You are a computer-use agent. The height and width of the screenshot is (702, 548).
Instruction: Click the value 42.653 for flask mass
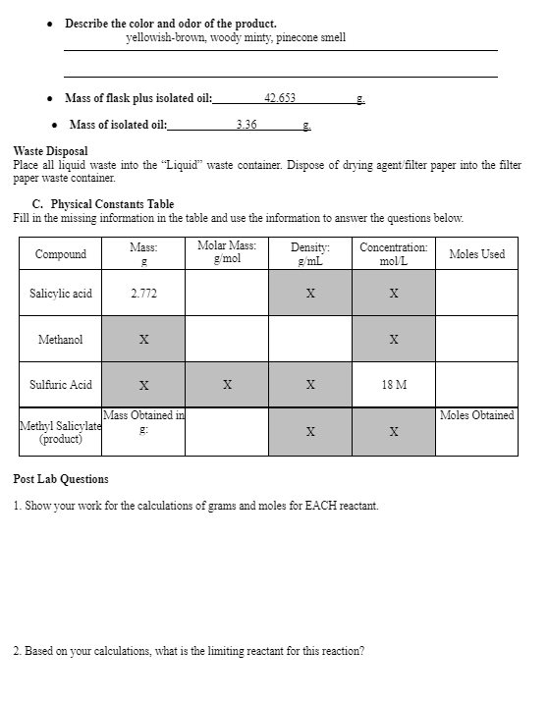point(280,98)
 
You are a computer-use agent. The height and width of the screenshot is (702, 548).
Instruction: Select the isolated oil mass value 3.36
point(247,125)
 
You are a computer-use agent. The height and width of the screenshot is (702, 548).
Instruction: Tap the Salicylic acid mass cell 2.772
point(143,294)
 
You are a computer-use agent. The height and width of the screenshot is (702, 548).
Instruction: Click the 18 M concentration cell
point(394,385)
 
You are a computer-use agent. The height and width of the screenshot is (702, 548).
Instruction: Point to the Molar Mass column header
point(227,252)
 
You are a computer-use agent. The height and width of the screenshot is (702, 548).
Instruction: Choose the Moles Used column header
point(476,254)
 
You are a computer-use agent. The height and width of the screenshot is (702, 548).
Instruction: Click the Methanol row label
point(60,340)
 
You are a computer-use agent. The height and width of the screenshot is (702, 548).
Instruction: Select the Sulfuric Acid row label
point(60,385)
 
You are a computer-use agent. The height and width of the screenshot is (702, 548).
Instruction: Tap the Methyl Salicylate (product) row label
point(60,433)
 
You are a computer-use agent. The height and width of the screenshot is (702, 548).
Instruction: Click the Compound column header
point(60,254)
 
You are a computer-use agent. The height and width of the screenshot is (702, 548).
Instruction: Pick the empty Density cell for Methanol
point(310,340)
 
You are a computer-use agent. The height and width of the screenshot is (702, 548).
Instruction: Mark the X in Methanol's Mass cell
point(143,340)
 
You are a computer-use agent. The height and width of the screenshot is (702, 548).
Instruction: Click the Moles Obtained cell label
point(476,415)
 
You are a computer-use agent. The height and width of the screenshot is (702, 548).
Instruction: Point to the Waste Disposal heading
point(50,151)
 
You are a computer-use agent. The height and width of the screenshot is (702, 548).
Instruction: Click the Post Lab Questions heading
point(61,479)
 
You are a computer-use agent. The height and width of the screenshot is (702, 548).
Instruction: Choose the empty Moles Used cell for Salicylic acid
point(476,294)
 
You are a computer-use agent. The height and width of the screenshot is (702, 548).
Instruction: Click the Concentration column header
point(394,254)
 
